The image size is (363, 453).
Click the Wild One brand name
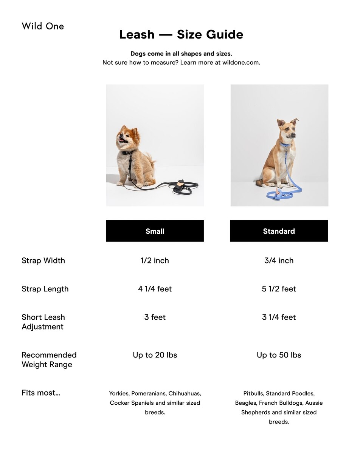(43, 26)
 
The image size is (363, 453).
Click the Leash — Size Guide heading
(181, 35)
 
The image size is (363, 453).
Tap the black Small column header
(155, 231)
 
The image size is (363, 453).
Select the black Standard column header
(279, 231)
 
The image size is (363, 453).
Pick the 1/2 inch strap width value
(155, 260)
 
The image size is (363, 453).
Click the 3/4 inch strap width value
(279, 260)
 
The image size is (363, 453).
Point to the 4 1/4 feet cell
(155, 289)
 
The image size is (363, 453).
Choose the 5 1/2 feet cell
(279, 289)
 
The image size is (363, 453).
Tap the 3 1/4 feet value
(279, 317)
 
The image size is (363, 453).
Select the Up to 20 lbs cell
(155, 355)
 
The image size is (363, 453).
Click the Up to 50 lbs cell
(279, 355)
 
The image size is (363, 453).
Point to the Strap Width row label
(43, 260)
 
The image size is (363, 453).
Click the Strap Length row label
(45, 289)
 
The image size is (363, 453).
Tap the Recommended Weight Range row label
(49, 359)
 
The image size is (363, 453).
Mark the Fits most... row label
(41, 393)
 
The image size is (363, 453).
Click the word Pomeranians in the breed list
(148, 393)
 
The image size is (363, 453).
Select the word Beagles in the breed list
(246, 403)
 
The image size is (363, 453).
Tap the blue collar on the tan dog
(285, 144)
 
